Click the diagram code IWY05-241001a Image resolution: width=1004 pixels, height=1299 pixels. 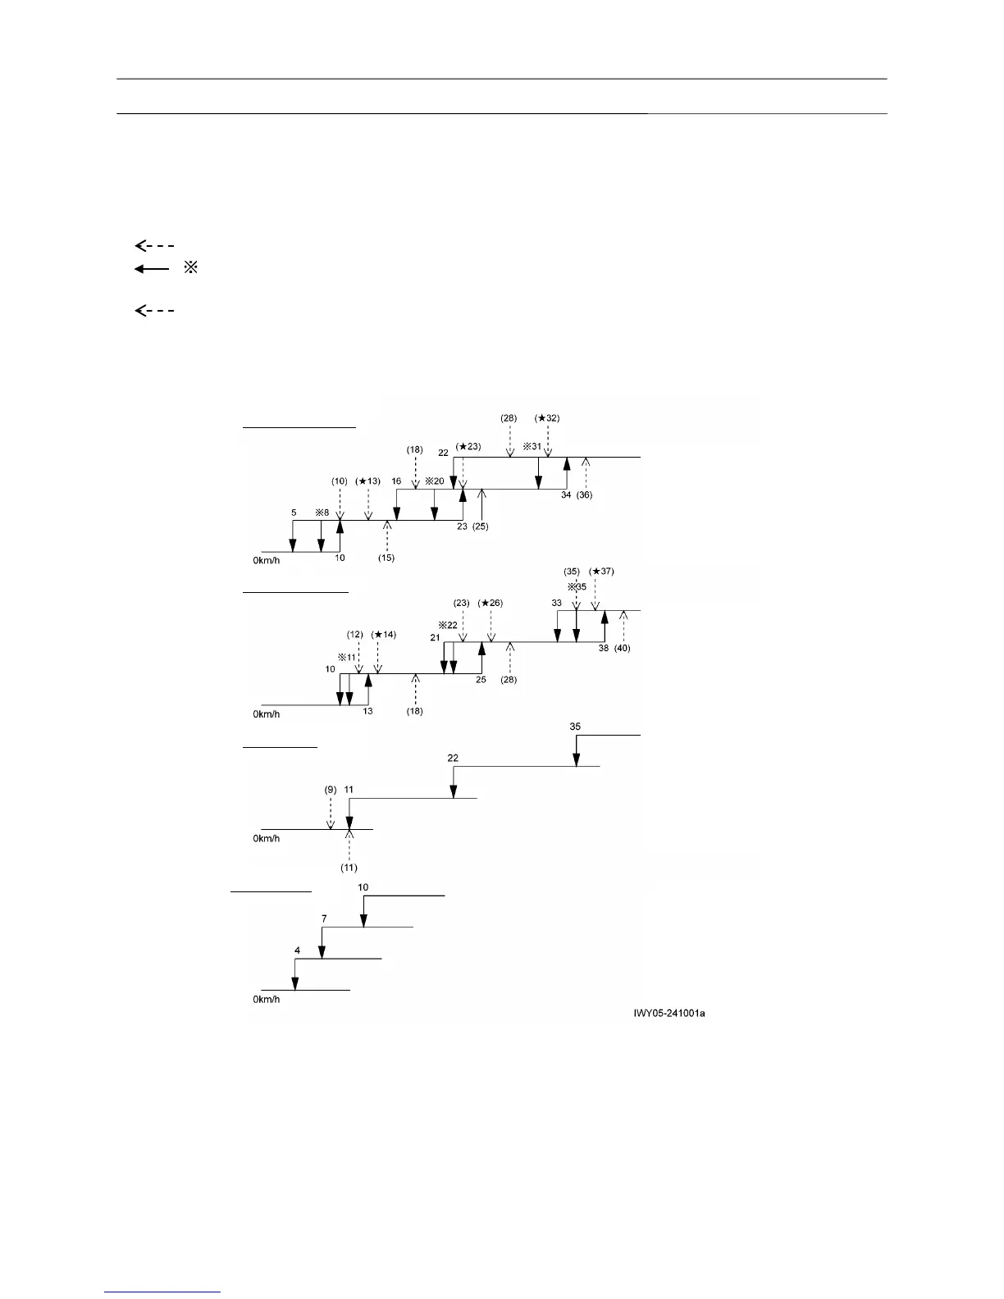point(669,1014)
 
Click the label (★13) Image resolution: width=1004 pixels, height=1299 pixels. point(367,481)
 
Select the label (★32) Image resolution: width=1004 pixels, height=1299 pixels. point(547,417)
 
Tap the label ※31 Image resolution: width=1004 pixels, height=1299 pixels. point(533,447)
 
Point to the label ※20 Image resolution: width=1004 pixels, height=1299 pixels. point(434,481)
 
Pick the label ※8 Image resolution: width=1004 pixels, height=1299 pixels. point(321,513)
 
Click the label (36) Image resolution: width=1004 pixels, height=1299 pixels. point(586,495)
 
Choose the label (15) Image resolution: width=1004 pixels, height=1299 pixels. point(386,558)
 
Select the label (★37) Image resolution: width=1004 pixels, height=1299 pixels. point(601,572)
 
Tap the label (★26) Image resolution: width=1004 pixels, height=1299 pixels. point(490,603)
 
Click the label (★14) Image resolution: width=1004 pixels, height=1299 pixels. point(383,634)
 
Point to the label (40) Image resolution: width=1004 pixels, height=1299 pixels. point(623,648)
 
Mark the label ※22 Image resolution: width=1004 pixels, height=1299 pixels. point(447,625)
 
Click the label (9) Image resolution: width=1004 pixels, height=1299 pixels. point(330,790)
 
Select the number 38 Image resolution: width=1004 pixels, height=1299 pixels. point(604,648)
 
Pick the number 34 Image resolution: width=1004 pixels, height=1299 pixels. point(566,495)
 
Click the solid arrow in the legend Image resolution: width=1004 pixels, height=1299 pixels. point(151,269)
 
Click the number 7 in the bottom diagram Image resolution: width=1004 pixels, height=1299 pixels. point(324,918)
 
